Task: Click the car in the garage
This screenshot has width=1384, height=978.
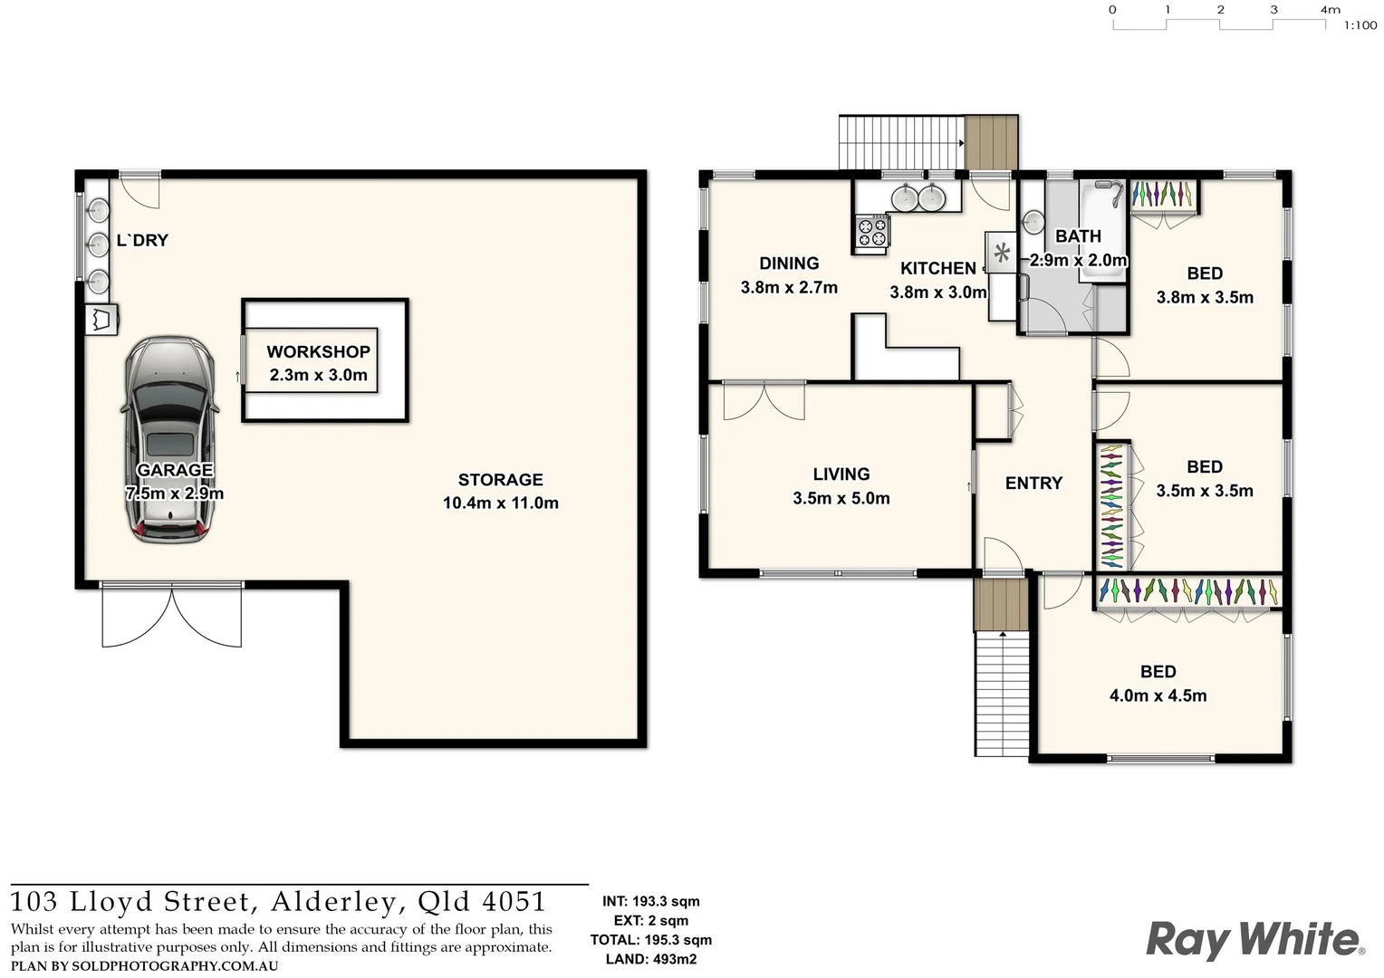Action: point(169,441)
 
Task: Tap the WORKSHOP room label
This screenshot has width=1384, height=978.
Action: point(318,352)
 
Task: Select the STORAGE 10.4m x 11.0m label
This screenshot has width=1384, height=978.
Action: point(500,492)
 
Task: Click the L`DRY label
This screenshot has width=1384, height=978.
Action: point(142,241)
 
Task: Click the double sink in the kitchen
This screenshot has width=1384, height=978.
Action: point(917,197)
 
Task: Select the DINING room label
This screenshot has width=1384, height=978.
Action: point(788,264)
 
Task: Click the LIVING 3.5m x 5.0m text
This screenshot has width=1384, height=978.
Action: point(841,486)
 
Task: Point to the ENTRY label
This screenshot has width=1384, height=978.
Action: point(1033,484)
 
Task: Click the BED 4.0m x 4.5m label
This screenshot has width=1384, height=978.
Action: point(1158,684)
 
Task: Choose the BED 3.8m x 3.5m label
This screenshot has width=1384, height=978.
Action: point(1204,285)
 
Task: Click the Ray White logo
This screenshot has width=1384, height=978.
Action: point(1254,939)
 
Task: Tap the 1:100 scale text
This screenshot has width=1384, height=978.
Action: point(1360,26)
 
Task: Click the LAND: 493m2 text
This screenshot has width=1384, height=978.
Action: point(650,959)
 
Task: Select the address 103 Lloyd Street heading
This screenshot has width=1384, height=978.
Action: point(279,902)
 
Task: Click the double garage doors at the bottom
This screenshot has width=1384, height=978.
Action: point(172,616)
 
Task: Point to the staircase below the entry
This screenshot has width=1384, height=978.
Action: point(1003,693)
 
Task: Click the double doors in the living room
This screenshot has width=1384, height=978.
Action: point(764,400)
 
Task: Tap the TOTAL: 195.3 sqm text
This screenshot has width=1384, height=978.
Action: point(650,940)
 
